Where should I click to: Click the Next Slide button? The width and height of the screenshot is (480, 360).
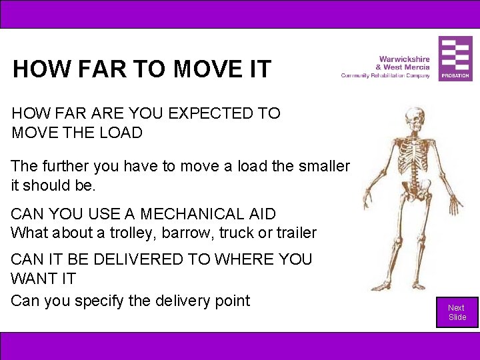click(x=457, y=312)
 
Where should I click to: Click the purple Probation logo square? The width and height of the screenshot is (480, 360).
click(x=455, y=59)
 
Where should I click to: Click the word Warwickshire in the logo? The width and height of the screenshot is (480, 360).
click(x=404, y=59)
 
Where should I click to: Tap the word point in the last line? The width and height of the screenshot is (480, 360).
click(x=230, y=301)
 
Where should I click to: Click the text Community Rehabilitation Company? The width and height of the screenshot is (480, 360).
click(x=385, y=75)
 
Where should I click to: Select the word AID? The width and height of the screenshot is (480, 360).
click(x=259, y=214)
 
